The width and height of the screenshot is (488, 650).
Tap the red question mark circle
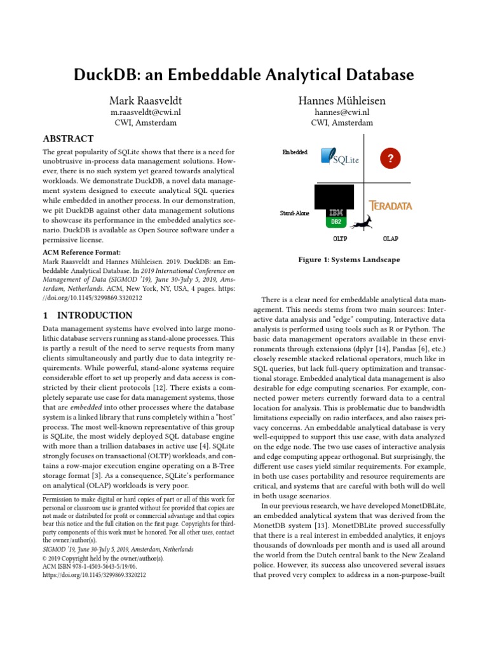pyautogui.click(x=391, y=158)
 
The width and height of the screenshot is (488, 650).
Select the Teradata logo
pyautogui.click(x=391, y=206)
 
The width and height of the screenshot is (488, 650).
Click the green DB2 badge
pyautogui.click(x=335, y=222)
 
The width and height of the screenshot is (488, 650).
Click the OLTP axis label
pyautogui.click(x=340, y=239)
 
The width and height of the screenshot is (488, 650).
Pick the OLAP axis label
pyautogui.click(x=390, y=239)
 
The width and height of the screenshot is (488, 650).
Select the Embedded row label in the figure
pyautogui.click(x=295, y=152)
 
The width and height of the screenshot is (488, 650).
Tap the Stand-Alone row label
pyautogui.click(x=294, y=213)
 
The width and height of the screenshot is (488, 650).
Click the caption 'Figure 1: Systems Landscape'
pyautogui.click(x=349, y=260)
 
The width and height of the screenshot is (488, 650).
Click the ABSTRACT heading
pyautogui.click(x=68, y=139)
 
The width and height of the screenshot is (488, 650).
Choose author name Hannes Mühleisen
pyautogui.click(x=341, y=101)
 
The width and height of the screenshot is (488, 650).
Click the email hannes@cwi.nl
pyautogui.click(x=341, y=112)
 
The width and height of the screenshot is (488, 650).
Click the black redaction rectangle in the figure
pyautogui.click(x=334, y=196)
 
